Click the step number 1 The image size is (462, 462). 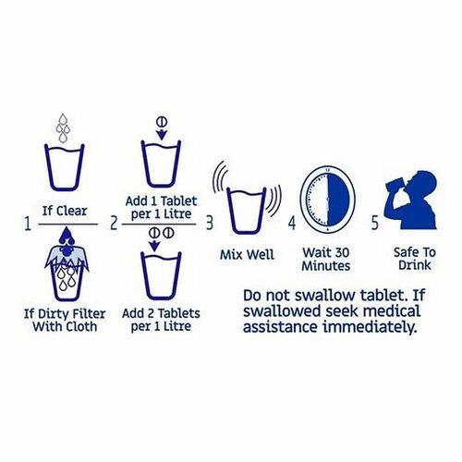click(28, 224)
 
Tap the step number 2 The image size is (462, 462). click(114, 224)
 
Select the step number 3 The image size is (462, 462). click(210, 223)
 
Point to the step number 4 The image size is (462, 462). click(292, 223)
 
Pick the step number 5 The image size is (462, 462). click(375, 223)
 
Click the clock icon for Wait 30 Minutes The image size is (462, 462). click(328, 200)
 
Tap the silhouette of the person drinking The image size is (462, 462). click(411, 200)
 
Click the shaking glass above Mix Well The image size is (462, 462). click(247, 211)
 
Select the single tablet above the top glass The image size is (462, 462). click(162, 122)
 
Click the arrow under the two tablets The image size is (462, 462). click(154, 246)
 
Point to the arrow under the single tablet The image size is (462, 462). click(162, 134)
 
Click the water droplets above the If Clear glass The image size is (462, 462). click(63, 128)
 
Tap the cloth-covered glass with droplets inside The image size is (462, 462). click(67, 264)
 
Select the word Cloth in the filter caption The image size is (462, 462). click(80, 326)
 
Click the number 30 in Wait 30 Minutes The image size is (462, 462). click(341, 253)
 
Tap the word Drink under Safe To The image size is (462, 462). click(415, 265)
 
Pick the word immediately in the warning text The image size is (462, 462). click(370, 327)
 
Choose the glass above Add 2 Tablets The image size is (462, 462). click(161, 275)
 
